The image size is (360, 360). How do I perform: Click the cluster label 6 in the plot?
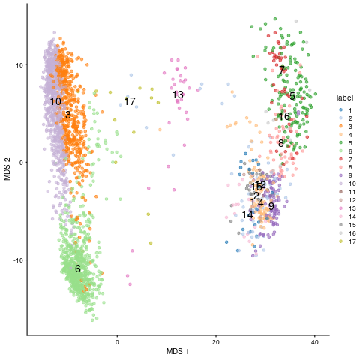(x=77, y=268)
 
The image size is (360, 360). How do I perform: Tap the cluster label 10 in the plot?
(x=55, y=101)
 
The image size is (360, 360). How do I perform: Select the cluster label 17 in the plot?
(x=130, y=101)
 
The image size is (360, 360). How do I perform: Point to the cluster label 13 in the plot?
(x=178, y=94)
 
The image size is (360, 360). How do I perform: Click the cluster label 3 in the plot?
(x=67, y=115)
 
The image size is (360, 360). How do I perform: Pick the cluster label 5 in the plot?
(x=292, y=96)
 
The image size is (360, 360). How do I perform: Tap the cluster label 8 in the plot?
(x=281, y=143)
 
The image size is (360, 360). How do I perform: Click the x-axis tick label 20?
(x=216, y=341)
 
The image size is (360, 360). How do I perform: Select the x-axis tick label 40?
(x=314, y=341)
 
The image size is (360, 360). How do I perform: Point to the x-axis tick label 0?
(x=118, y=341)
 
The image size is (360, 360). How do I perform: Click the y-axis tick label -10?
(x=17, y=259)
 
